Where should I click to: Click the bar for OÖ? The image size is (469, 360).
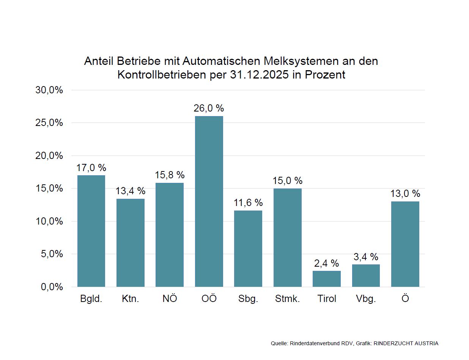coord(209,201)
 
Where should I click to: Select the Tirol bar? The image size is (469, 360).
coord(327,279)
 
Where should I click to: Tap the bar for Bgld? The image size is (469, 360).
coord(91,231)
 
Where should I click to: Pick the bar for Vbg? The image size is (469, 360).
coord(366,275)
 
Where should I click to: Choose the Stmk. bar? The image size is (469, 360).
coord(287,237)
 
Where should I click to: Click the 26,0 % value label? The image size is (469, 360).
coord(209,108)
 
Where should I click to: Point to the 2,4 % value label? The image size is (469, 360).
coord(326,263)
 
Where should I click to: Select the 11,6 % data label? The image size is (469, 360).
coord(248,203)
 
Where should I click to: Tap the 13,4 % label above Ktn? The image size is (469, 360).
coord(130,191)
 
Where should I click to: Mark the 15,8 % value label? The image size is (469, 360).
coord(170,175)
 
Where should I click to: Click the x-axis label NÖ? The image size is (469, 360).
coord(170,299)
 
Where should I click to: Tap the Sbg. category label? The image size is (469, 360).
coord(248,299)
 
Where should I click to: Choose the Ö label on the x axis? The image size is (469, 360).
coord(405,298)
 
